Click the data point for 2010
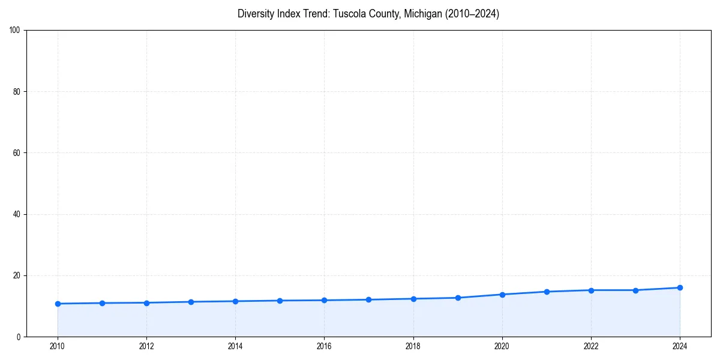(58, 304)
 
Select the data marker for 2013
(191, 302)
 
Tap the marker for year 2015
(280, 301)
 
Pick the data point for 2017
(368, 299)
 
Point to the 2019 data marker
(458, 298)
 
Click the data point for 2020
(502, 295)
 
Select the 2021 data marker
(547, 292)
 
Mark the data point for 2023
(635, 290)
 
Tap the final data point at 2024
(680, 287)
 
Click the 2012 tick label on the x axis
(146, 346)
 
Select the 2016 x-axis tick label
(324, 346)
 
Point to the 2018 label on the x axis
(413, 346)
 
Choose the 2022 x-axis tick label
(591, 346)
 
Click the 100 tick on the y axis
(16, 31)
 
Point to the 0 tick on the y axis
(19, 337)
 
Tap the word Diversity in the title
(256, 14)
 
